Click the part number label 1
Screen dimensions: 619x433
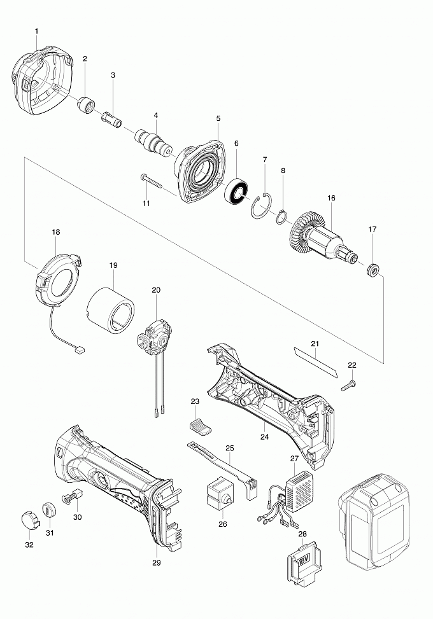coord(36,31)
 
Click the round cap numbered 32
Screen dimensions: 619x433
coord(27,519)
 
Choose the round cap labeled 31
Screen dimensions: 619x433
coord(49,510)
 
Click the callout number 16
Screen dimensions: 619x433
coord(331,198)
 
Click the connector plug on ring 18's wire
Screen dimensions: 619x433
coord(80,349)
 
